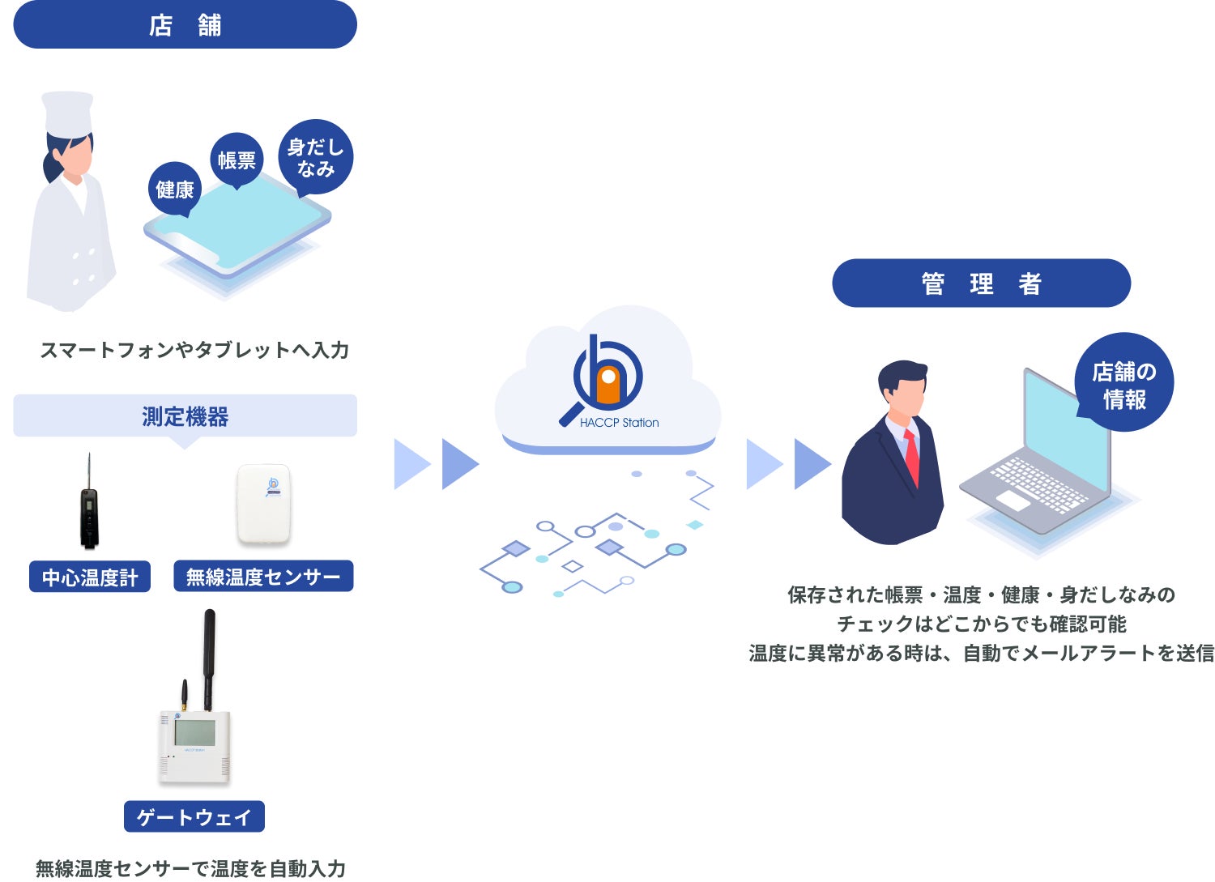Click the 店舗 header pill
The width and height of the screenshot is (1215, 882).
click(185, 24)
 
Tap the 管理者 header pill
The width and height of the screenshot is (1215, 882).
click(981, 283)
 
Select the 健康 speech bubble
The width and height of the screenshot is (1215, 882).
click(175, 190)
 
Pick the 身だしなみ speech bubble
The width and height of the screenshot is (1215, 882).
click(316, 157)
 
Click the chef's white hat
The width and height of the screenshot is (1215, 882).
click(68, 114)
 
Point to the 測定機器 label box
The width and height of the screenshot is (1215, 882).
click(185, 416)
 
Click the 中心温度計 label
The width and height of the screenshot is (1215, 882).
click(89, 577)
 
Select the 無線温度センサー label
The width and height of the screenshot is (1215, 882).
click(263, 576)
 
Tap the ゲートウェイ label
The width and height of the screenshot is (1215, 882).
click(194, 816)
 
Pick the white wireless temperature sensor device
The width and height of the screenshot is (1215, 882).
click(263, 504)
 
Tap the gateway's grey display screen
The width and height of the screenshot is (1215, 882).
click(194, 732)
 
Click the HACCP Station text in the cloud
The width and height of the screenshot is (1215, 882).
click(619, 423)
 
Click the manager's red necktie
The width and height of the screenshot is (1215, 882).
click(912, 457)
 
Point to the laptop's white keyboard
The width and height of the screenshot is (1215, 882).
click(1038, 483)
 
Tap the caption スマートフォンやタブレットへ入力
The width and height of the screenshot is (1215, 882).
click(194, 350)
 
